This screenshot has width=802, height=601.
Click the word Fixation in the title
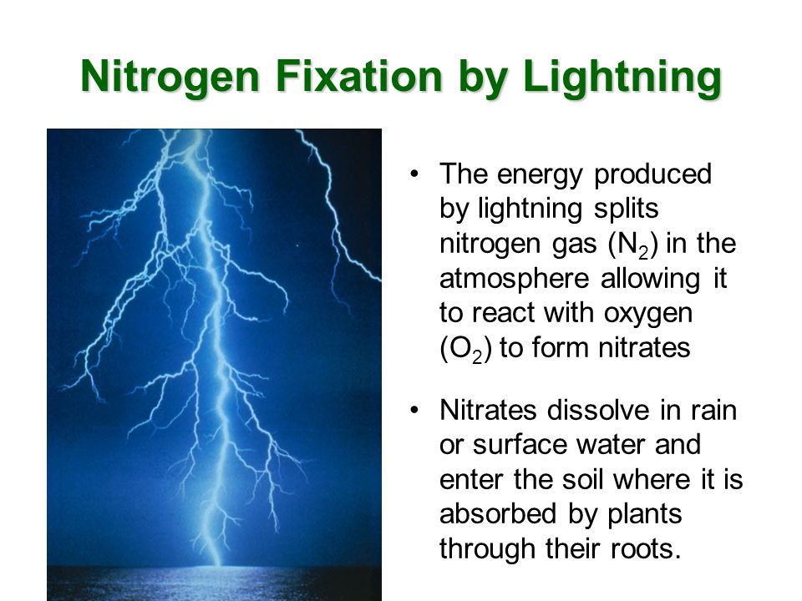coord(358,76)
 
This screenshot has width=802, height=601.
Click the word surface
coord(519,445)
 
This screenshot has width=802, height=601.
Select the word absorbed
coord(498,514)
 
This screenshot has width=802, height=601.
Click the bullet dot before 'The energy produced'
coord(414,174)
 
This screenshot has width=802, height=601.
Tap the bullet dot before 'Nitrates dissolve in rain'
coord(414,410)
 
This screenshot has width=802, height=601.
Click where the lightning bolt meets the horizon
coord(218,565)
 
